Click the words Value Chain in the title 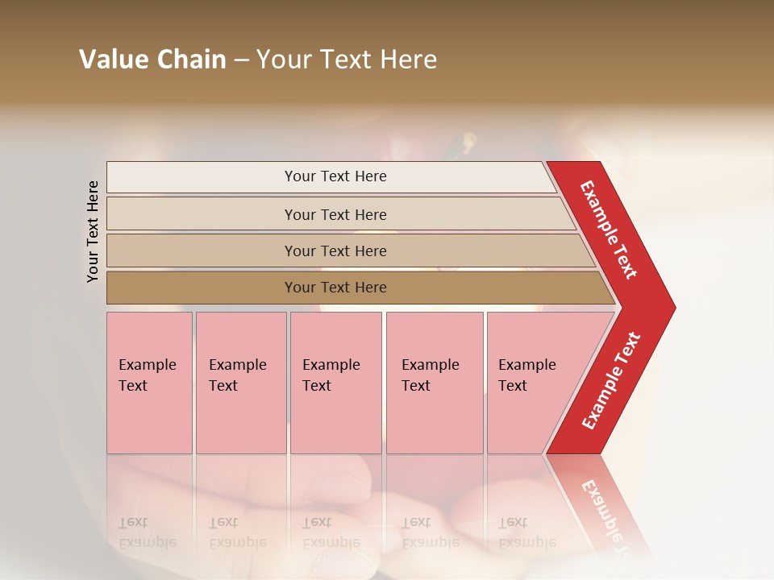pyautogui.click(x=152, y=60)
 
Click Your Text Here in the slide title pyautogui.click(x=347, y=60)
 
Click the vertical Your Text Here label pyautogui.click(x=93, y=231)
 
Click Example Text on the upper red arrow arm pyautogui.click(x=609, y=230)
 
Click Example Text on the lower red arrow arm pyautogui.click(x=611, y=381)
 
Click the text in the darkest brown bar pyautogui.click(x=335, y=288)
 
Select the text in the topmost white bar pyautogui.click(x=335, y=176)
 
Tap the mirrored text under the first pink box pyautogui.click(x=147, y=532)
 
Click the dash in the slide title pyautogui.click(x=241, y=60)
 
